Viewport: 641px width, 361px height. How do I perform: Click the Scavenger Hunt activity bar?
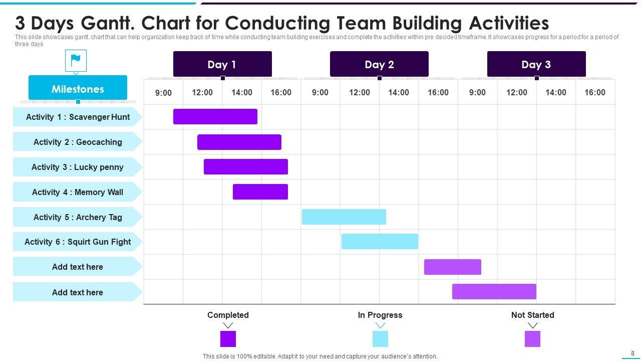tap(215, 116)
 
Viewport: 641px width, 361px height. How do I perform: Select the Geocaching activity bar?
tap(239, 142)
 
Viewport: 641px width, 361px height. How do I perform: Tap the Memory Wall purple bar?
tap(260, 192)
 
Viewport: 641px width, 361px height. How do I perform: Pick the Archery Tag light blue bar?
tap(344, 217)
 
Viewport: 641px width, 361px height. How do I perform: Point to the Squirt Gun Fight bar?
tap(380, 241)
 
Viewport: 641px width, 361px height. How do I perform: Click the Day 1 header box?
tap(222, 64)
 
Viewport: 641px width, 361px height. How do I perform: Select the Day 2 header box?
tap(379, 64)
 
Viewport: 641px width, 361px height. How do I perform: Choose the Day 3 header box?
tap(536, 64)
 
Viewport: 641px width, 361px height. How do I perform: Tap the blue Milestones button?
tap(78, 89)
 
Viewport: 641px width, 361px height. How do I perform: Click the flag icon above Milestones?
tap(76, 61)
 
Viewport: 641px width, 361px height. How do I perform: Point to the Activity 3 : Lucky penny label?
tap(77, 167)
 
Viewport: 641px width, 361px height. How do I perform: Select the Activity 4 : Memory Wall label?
tap(77, 192)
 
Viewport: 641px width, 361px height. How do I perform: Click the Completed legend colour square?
tap(228, 339)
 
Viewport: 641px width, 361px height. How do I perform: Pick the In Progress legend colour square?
tap(380, 339)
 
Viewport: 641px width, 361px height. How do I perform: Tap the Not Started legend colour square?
tap(532, 339)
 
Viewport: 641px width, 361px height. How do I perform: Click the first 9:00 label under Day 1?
tap(163, 92)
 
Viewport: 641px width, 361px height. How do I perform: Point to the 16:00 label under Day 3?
tap(595, 92)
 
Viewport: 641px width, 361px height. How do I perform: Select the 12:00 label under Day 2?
tap(360, 92)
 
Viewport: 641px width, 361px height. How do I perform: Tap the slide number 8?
tap(632, 353)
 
